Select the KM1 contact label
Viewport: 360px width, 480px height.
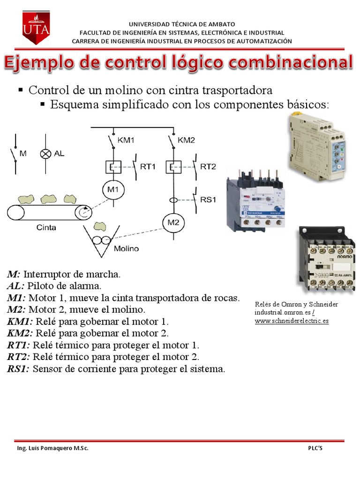(126, 140)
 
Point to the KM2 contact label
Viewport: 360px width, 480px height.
(187, 140)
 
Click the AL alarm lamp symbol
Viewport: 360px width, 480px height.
(45, 153)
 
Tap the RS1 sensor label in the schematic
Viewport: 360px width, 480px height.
(208, 199)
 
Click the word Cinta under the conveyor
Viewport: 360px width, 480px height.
(46, 227)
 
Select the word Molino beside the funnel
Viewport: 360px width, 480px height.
(126, 248)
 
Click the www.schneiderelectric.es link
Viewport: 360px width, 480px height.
(292, 321)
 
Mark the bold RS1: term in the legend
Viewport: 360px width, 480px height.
(18, 369)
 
